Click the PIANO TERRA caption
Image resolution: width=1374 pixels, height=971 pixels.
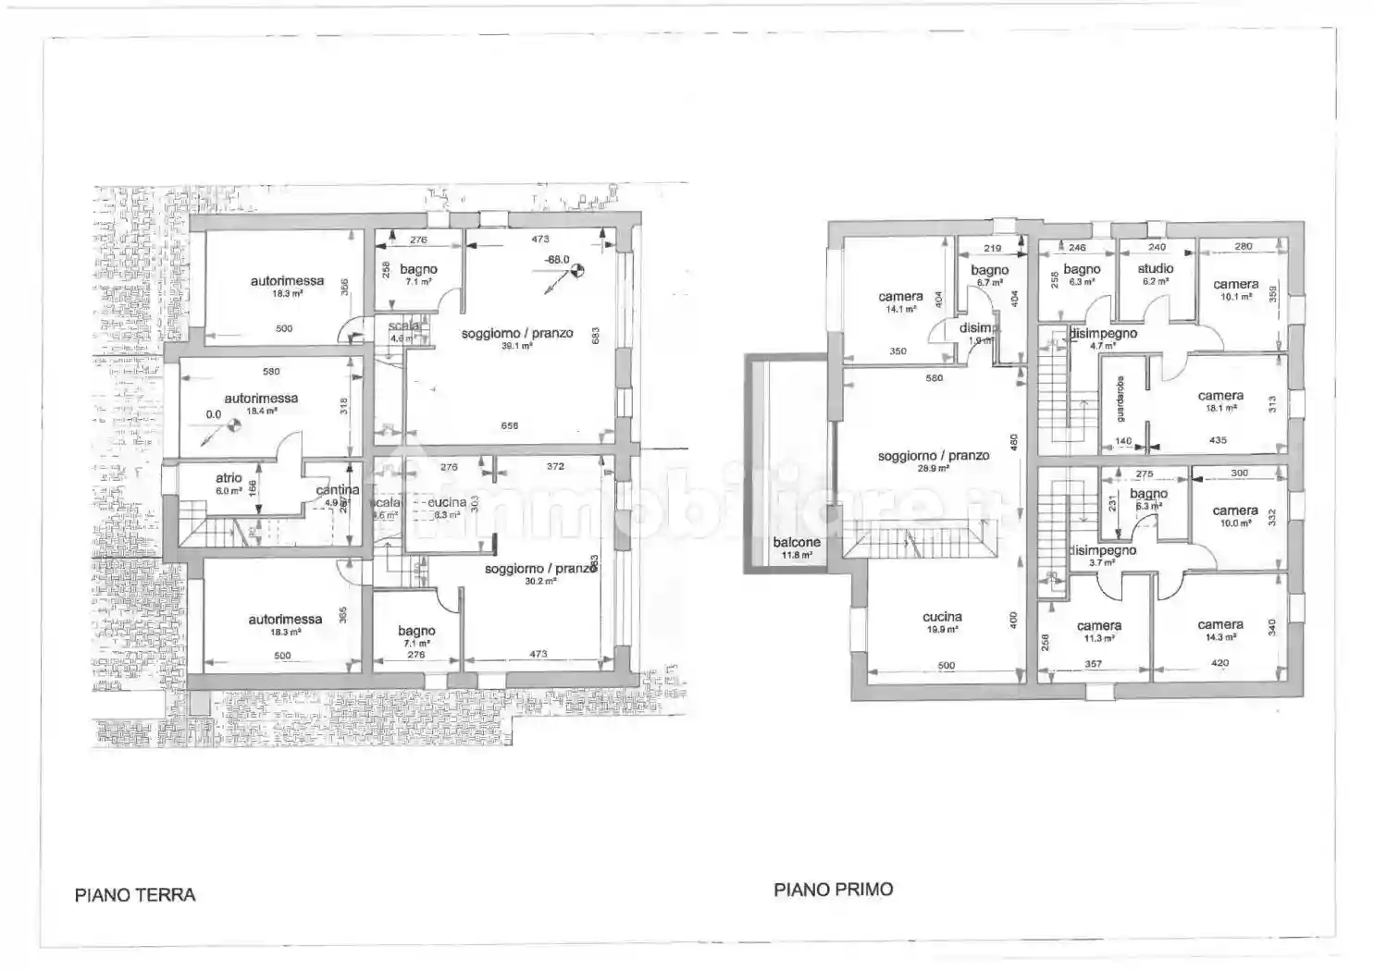[x=135, y=895]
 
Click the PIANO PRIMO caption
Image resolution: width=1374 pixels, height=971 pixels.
[x=834, y=890]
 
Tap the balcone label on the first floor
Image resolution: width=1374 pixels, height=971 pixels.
[x=796, y=543]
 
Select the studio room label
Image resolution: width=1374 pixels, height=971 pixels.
[x=1156, y=269]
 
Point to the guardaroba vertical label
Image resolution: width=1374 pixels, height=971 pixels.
[x=1120, y=400]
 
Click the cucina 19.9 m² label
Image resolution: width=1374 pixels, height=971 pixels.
[x=942, y=618]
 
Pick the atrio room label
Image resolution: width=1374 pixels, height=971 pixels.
[x=229, y=479]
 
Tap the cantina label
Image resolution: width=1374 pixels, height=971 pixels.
[x=337, y=490]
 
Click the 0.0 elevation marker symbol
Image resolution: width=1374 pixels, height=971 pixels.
[x=234, y=424]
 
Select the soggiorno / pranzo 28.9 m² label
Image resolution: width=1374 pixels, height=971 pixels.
[x=934, y=456]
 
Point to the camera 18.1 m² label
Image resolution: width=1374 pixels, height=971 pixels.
[x=1220, y=397]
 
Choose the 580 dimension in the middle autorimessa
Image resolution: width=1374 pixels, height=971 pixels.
[x=271, y=372]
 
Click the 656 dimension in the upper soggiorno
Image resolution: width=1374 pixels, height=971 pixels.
[x=510, y=426]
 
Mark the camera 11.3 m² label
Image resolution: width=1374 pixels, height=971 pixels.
[x=1099, y=627]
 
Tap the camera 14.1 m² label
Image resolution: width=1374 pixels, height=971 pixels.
[x=900, y=298]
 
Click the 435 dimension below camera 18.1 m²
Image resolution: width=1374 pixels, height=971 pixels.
[x=1218, y=440]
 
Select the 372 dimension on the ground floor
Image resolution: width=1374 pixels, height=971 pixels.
[x=555, y=467]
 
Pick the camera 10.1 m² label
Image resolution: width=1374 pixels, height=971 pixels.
[x=1235, y=285]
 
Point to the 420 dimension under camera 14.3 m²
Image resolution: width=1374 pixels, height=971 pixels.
[x=1219, y=663]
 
